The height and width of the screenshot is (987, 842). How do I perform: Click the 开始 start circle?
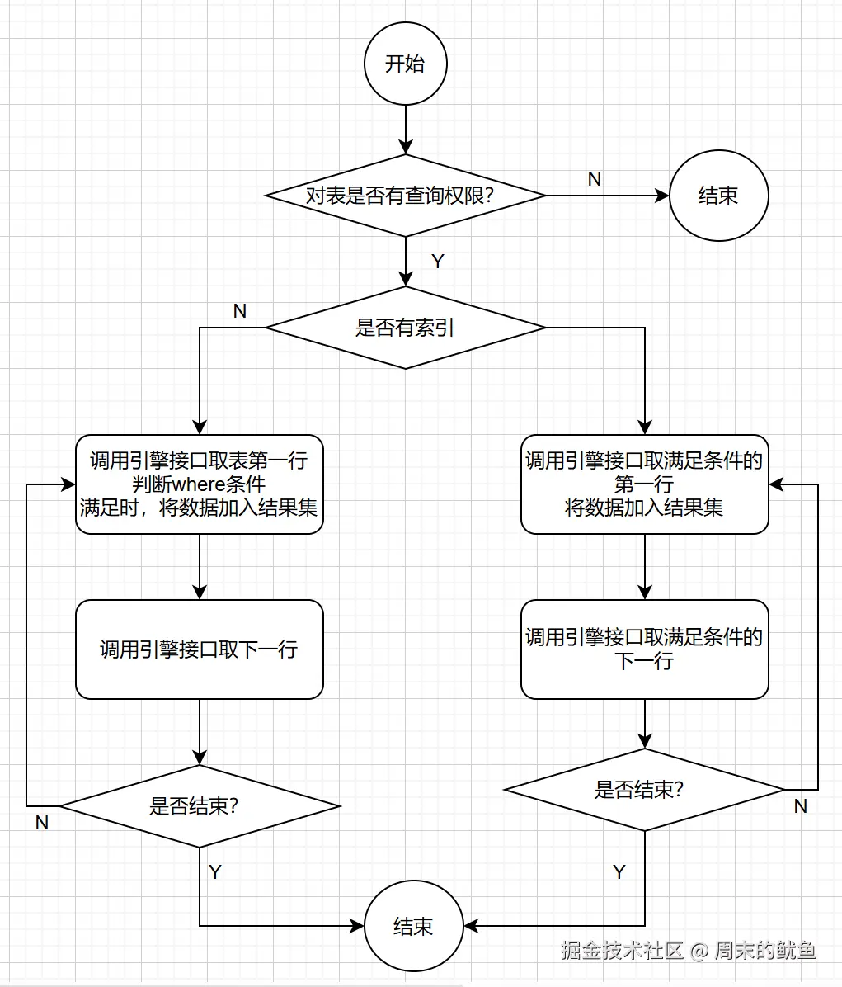click(405, 64)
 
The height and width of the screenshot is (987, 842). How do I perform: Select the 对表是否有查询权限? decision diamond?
click(405, 196)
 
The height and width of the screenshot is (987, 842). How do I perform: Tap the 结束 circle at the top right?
click(718, 196)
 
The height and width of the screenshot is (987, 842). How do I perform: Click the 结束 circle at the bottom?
click(413, 926)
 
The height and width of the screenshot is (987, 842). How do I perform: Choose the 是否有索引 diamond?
click(405, 328)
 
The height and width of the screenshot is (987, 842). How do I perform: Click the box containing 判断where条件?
click(199, 484)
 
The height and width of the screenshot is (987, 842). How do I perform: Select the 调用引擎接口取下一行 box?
click(199, 649)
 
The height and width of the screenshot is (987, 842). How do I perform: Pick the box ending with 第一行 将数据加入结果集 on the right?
click(644, 484)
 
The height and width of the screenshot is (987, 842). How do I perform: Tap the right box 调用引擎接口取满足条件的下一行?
click(644, 649)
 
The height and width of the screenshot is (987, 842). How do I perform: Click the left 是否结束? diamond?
click(199, 806)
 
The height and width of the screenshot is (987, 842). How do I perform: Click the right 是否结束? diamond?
click(644, 790)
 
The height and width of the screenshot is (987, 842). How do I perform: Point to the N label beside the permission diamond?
click(594, 179)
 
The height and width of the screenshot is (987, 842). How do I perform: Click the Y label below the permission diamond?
click(438, 262)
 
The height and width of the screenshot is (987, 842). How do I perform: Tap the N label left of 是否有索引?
click(240, 311)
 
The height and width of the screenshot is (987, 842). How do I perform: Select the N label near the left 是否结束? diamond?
click(42, 823)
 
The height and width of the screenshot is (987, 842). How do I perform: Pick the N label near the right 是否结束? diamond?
click(800, 806)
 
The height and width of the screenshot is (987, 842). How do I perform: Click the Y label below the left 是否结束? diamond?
click(215, 872)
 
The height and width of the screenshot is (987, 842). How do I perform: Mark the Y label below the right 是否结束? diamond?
click(619, 872)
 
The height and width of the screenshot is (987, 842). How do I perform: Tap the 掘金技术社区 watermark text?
click(623, 951)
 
